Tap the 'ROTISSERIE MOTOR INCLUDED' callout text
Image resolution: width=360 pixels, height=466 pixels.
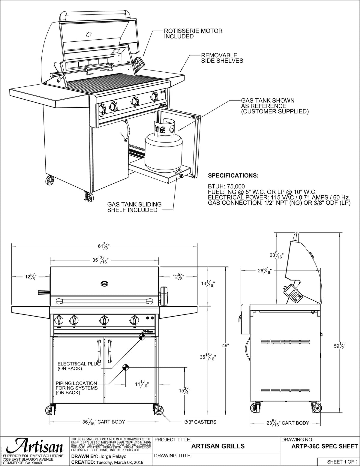click(x=193, y=34)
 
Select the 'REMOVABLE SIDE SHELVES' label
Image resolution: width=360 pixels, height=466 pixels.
click(x=222, y=58)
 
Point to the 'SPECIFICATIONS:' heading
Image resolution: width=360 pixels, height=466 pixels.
click(x=233, y=176)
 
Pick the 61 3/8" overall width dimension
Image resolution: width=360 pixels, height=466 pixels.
click(x=103, y=246)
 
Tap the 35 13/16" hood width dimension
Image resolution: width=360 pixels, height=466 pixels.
click(x=100, y=260)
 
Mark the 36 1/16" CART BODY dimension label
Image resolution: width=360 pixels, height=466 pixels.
click(x=103, y=422)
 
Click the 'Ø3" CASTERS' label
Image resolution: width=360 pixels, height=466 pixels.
click(x=200, y=422)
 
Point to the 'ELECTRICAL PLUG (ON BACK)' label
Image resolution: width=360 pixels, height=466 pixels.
click(x=79, y=366)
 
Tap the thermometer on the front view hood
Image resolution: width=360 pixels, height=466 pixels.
click(x=105, y=283)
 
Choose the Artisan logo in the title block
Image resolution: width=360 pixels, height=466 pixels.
click(x=35, y=446)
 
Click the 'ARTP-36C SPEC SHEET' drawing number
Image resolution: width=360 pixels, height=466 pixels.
click(x=324, y=446)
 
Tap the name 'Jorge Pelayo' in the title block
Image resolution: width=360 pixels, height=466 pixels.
click(x=111, y=456)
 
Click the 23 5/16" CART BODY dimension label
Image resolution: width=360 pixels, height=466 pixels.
click(x=288, y=423)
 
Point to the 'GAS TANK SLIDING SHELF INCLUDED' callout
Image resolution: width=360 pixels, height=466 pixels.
click(x=134, y=207)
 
